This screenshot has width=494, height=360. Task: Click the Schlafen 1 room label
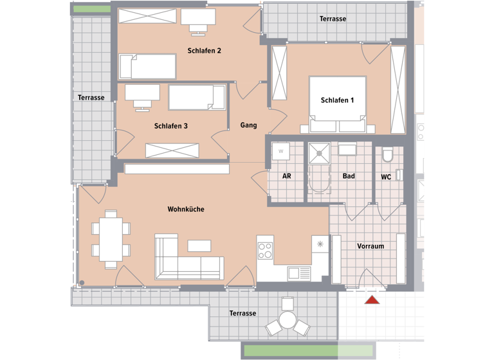pyautogui.click(x=338, y=100)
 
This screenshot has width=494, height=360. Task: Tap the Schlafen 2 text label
pyautogui.click(x=205, y=51)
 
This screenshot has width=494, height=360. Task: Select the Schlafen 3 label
pyautogui.click(x=171, y=127)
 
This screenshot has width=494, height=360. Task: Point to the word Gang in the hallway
pyautogui.click(x=249, y=125)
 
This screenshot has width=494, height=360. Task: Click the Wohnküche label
pyautogui.click(x=186, y=209)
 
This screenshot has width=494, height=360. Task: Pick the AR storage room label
pyautogui.click(x=287, y=176)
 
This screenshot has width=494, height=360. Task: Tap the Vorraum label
pyautogui.click(x=370, y=246)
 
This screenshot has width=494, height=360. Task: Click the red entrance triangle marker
pyautogui.click(x=371, y=300)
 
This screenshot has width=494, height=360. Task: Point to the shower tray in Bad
pyautogui.click(x=318, y=154)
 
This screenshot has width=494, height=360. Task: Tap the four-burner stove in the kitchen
pyautogui.click(x=266, y=248)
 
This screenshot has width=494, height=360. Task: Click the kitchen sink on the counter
pyautogui.click(x=298, y=273)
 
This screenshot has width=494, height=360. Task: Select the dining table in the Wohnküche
pyautogui.click(x=111, y=239)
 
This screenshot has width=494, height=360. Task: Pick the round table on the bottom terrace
pyautogui.click(x=287, y=320)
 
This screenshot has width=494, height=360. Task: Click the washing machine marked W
pyautogui.click(x=280, y=151)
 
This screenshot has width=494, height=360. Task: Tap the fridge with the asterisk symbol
pyautogui.click(x=320, y=245)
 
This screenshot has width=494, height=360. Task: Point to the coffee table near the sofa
pyautogui.click(x=199, y=246)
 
